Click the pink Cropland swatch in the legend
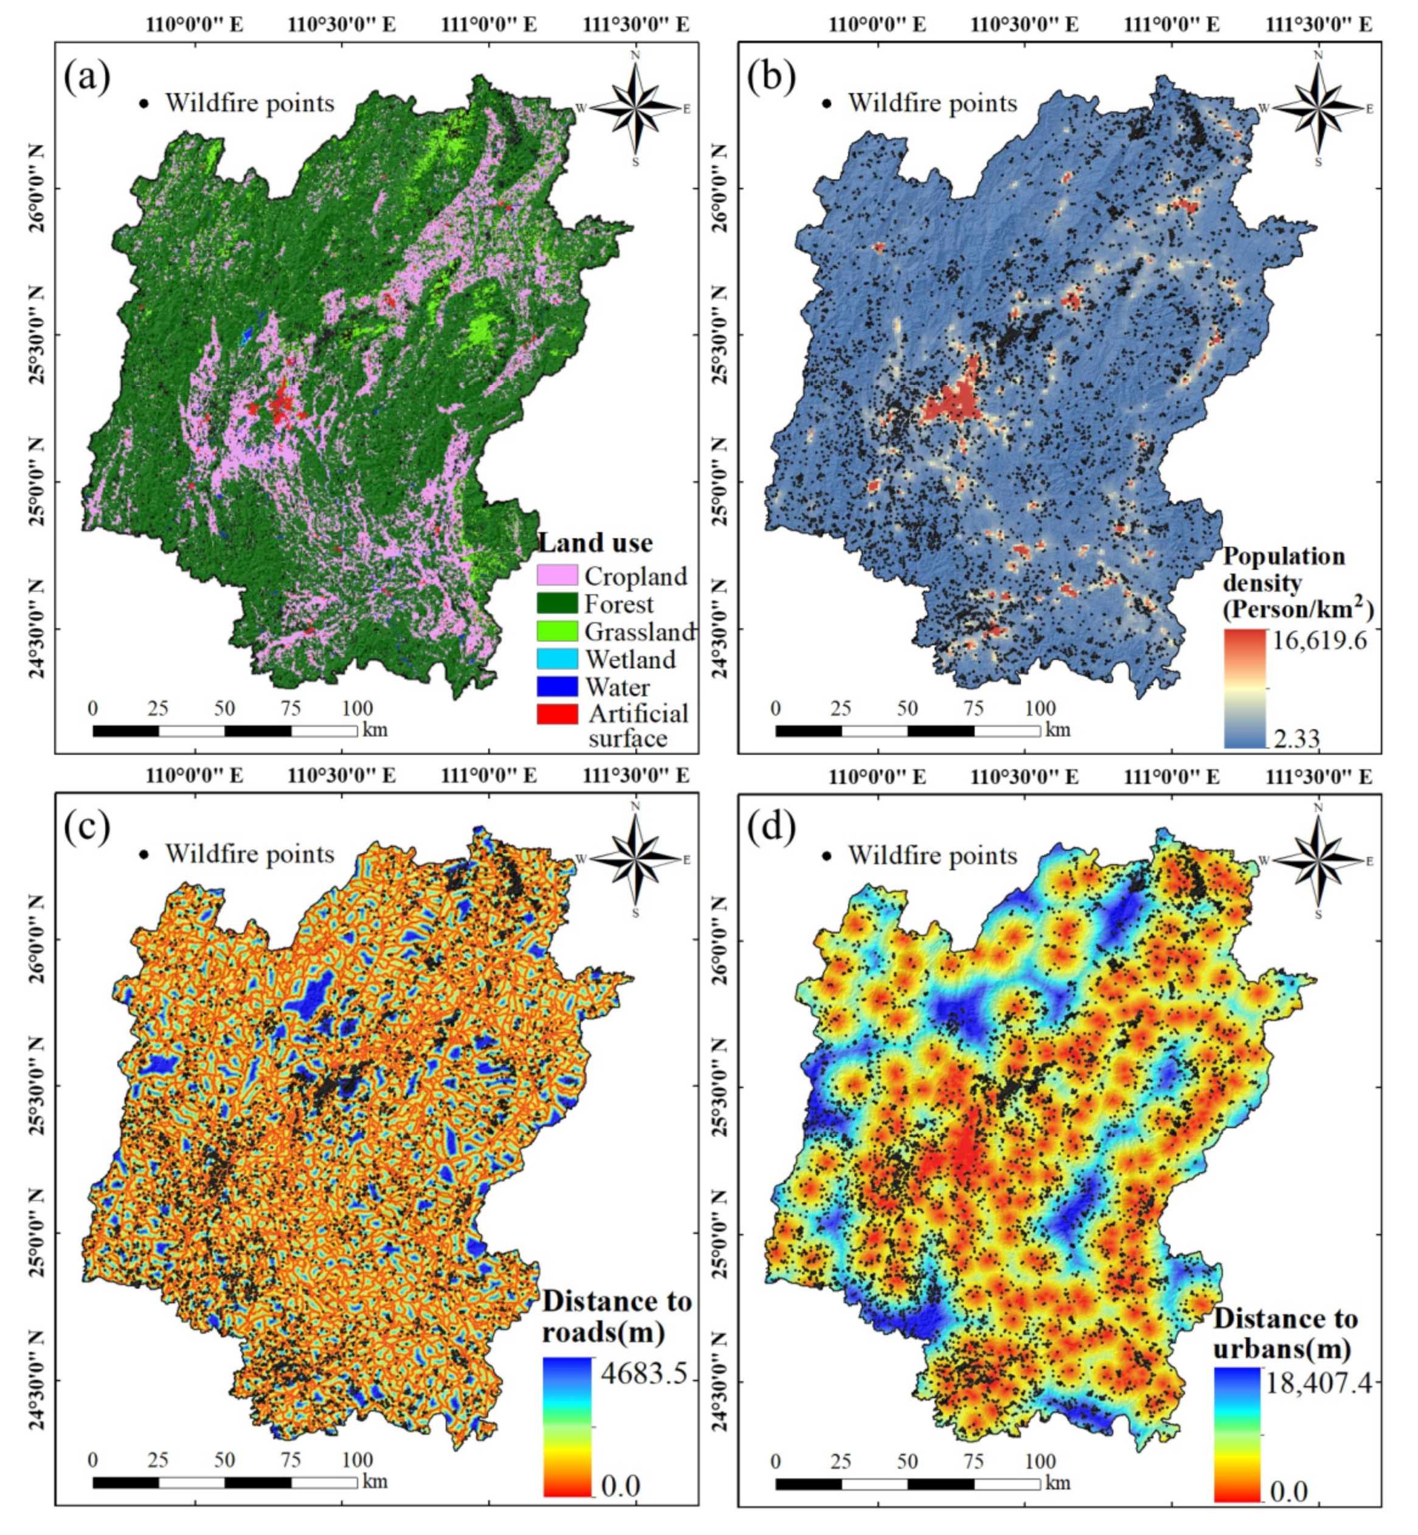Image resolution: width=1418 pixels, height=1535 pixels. (557, 575)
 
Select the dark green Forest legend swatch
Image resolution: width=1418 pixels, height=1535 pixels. (557, 603)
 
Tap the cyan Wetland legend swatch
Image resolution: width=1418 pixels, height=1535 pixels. (557, 659)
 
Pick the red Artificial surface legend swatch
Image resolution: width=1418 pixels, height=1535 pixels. (557, 714)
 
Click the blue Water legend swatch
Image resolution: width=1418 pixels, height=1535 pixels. (557, 686)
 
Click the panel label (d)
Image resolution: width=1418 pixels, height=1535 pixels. (770, 829)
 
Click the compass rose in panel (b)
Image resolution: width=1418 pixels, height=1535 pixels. (1318, 108)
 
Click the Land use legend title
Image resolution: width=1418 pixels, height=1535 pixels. (595, 542)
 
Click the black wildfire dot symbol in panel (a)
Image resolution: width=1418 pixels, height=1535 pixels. (144, 103)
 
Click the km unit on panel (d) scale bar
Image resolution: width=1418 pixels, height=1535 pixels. (1057, 1481)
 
